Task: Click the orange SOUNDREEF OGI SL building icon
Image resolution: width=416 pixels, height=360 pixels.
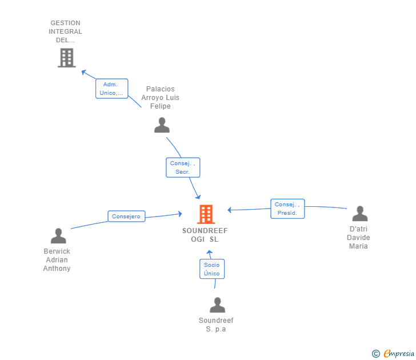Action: (x=206, y=214)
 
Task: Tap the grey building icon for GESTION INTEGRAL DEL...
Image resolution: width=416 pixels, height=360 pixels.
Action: (x=66, y=58)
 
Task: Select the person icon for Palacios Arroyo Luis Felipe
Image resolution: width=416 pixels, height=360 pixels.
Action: (x=162, y=125)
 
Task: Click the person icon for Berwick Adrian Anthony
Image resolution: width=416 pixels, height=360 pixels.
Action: (x=58, y=235)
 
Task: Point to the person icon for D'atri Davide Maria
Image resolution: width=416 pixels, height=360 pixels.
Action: (x=359, y=214)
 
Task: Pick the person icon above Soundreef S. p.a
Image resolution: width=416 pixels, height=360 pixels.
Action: (x=217, y=305)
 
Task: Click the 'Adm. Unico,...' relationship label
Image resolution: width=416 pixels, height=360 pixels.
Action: (x=111, y=89)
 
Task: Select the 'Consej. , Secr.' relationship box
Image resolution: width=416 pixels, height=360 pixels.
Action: (x=183, y=167)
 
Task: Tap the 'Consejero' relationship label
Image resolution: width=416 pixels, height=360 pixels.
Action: (x=126, y=217)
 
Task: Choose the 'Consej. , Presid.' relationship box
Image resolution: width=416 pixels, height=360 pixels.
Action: (x=287, y=209)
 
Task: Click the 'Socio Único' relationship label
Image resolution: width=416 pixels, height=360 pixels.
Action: (x=211, y=269)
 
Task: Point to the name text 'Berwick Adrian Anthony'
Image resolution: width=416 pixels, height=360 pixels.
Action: (x=57, y=260)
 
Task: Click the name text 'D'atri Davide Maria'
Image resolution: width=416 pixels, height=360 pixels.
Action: (x=359, y=238)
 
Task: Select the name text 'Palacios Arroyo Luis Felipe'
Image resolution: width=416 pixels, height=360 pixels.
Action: (x=161, y=98)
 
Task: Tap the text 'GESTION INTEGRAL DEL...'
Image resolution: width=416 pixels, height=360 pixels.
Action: (x=65, y=32)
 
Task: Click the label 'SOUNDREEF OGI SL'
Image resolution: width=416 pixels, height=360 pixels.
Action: (x=205, y=235)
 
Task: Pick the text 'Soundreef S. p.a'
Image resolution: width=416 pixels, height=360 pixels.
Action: (x=216, y=325)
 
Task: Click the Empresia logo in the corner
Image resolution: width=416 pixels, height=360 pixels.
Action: (x=398, y=354)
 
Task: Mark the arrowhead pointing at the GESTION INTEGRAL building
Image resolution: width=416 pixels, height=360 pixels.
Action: (x=83, y=72)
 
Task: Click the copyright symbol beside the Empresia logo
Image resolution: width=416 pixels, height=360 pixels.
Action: (x=375, y=354)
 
